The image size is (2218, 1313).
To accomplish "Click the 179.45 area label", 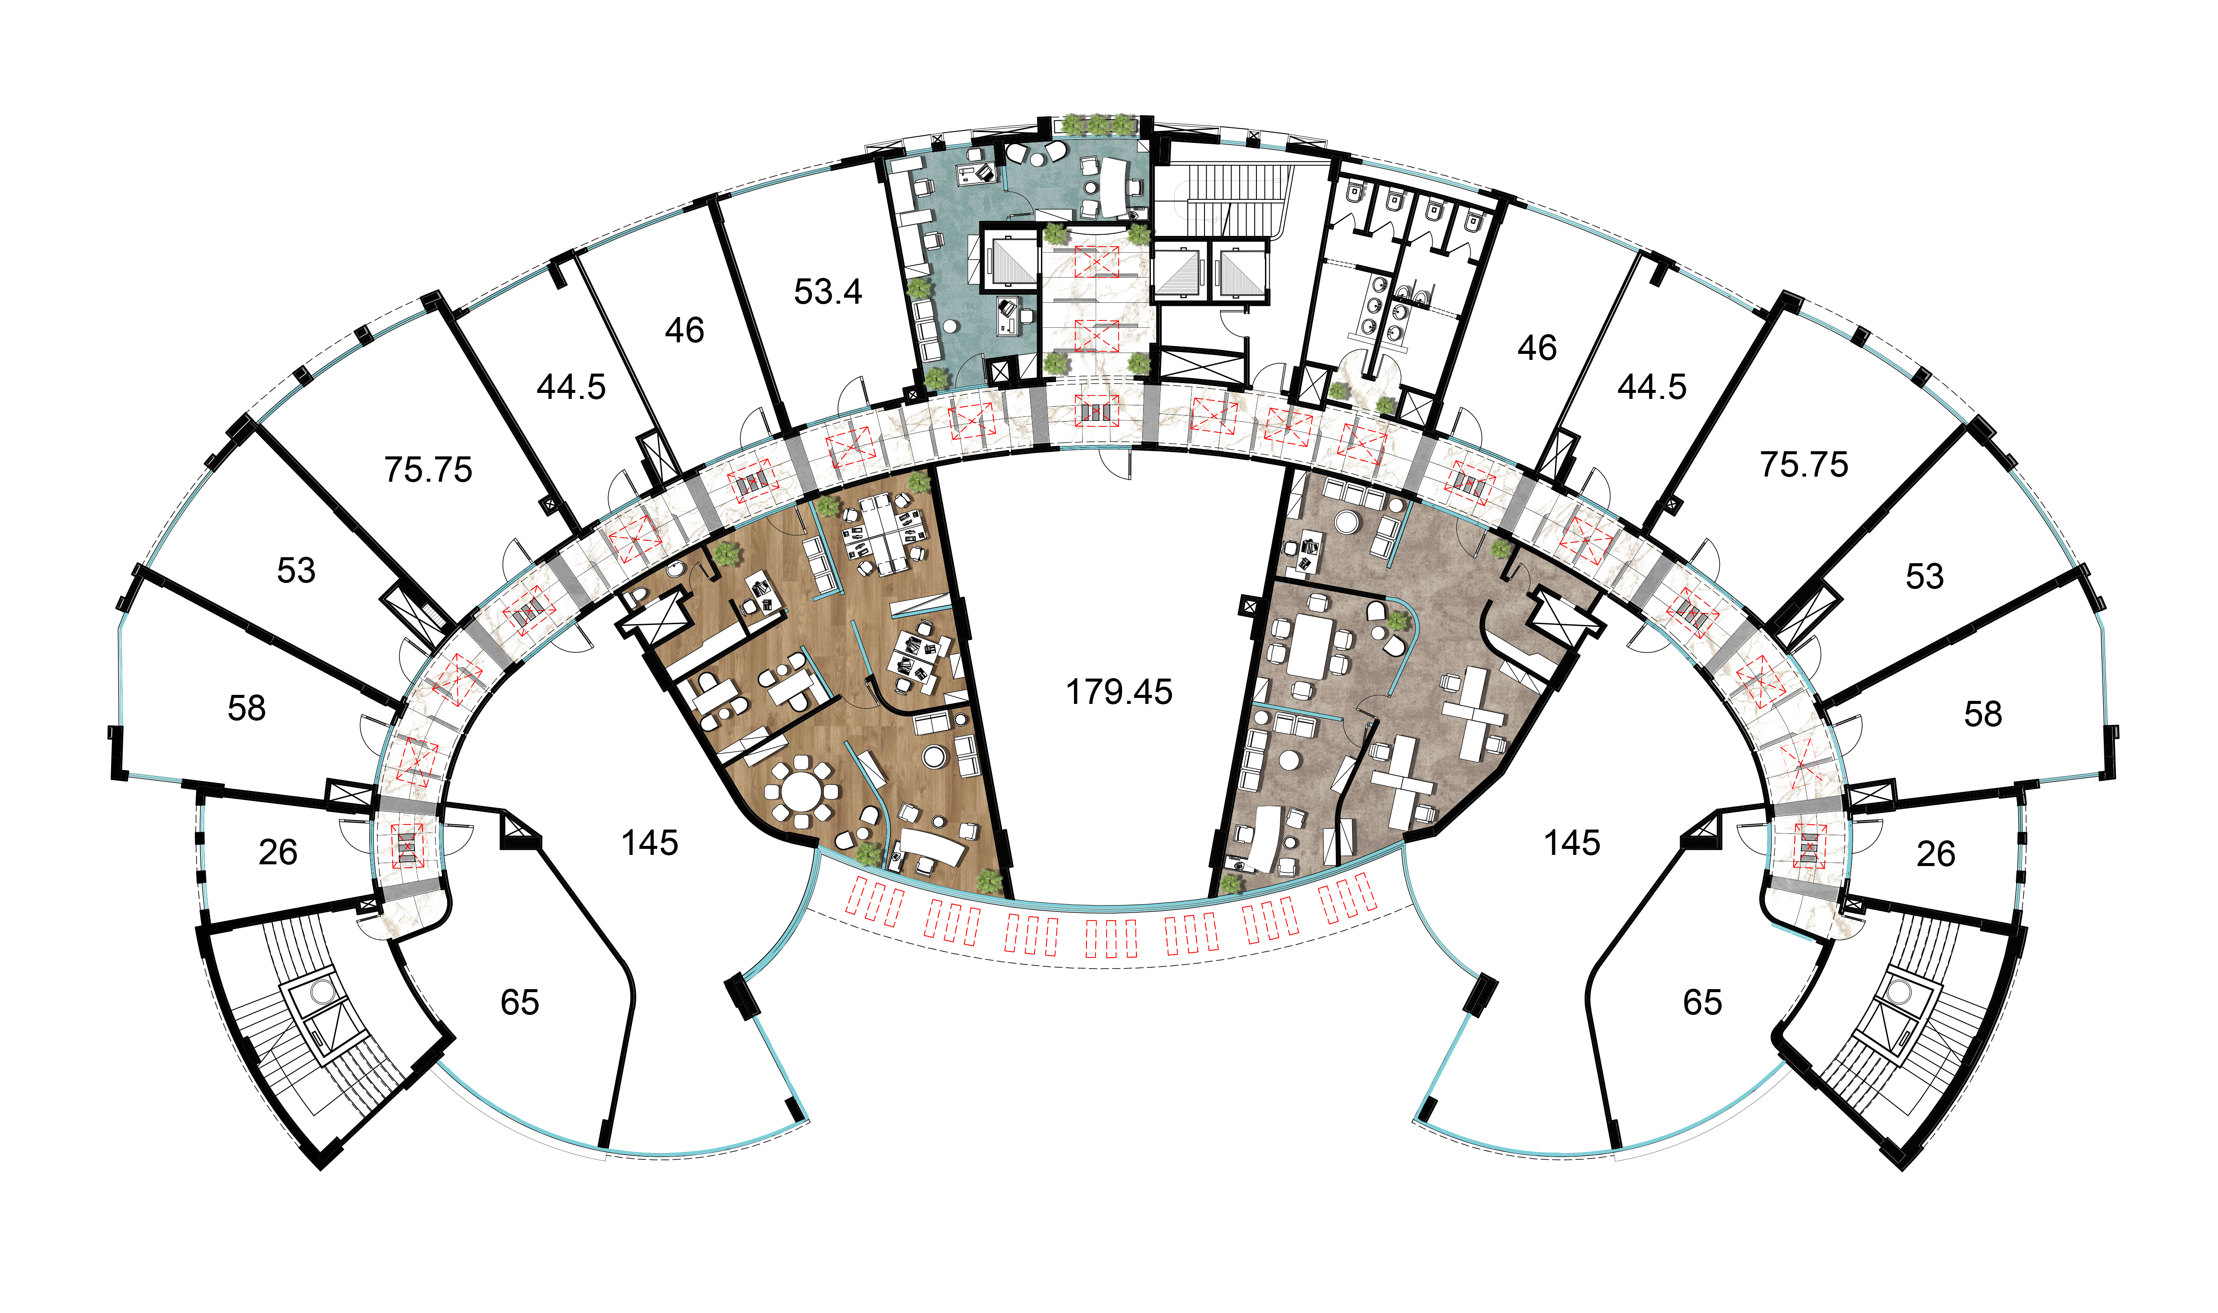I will click(1119, 692).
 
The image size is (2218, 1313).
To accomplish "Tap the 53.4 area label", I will click(828, 292).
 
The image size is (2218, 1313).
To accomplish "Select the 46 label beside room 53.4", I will click(684, 331).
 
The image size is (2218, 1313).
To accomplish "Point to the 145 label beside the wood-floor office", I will click(650, 843).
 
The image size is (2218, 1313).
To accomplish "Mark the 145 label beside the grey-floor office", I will click(1572, 843).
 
